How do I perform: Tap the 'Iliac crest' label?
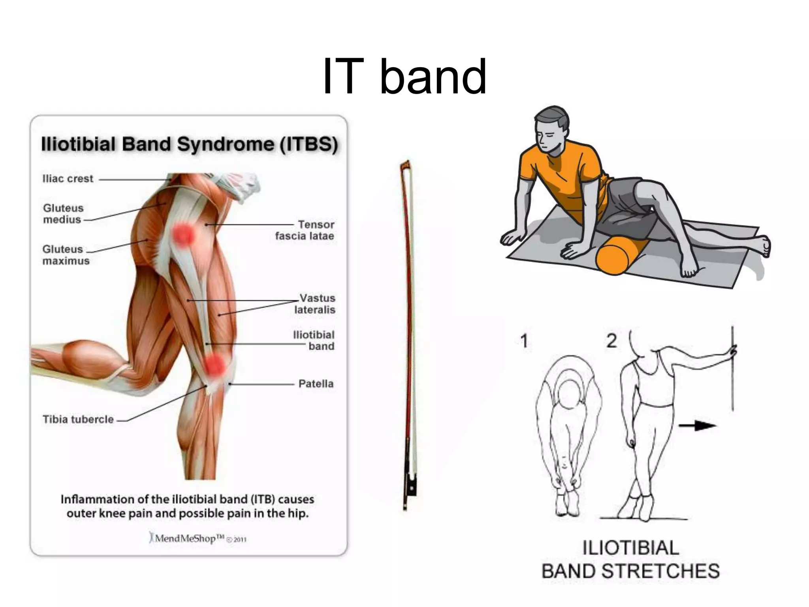(x=68, y=179)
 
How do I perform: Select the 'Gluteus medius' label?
(x=63, y=214)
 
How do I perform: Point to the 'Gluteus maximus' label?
(x=66, y=255)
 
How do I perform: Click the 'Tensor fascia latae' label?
(x=305, y=230)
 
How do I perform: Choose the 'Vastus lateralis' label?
(x=315, y=303)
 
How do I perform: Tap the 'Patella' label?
(x=316, y=384)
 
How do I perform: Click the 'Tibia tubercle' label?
(x=78, y=419)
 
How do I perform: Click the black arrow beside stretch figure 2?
(x=697, y=426)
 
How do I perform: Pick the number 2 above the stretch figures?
(x=611, y=341)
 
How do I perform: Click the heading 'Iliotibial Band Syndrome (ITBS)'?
(x=190, y=144)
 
